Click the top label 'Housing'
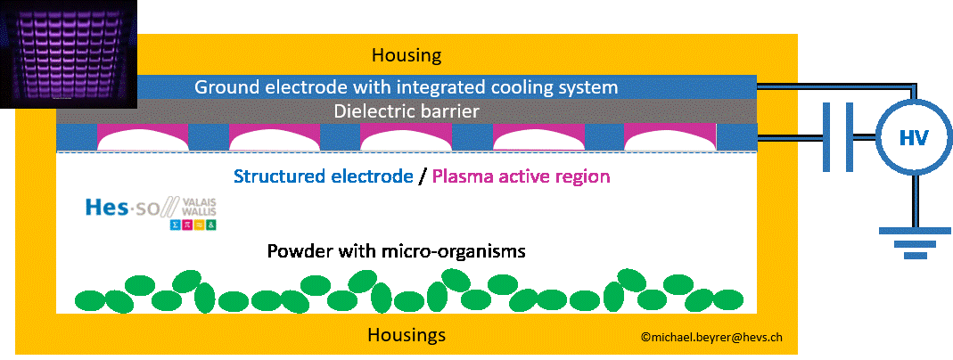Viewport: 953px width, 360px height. [x=407, y=55]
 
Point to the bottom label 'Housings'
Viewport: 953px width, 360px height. [x=407, y=336]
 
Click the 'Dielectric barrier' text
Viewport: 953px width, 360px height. [x=407, y=111]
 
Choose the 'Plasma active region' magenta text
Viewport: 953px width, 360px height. [x=521, y=176]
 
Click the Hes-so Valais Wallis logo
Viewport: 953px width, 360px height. [x=151, y=215]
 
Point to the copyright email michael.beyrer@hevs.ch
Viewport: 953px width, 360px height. [x=711, y=338]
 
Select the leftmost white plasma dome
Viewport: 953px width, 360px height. [x=143, y=138]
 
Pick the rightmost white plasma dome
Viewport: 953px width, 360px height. [x=670, y=138]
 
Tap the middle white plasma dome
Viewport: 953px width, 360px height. [x=407, y=138]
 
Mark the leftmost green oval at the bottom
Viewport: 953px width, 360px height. [x=90, y=299]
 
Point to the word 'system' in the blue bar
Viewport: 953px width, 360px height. [x=586, y=87]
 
